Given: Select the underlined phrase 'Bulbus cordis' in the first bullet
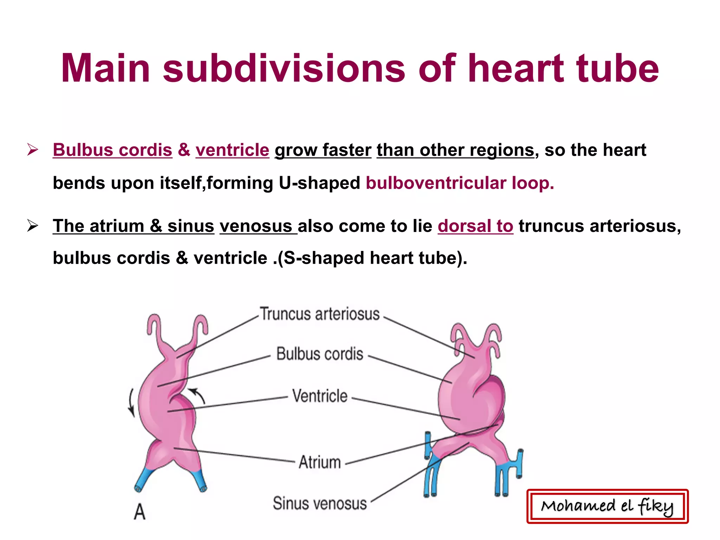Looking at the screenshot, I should click(112, 150).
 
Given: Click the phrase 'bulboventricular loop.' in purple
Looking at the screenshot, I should click(460, 183).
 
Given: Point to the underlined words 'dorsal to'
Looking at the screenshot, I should click(475, 226).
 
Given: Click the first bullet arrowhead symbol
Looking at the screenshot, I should click(32, 150).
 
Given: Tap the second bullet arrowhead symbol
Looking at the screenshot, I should click(32, 226).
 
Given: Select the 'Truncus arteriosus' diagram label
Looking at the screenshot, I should click(320, 314).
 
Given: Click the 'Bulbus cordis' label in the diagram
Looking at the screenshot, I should click(320, 354).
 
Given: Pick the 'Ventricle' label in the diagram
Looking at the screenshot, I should click(320, 396).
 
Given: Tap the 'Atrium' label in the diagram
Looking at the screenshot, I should click(320, 462).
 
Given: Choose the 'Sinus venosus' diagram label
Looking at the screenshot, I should click(320, 503).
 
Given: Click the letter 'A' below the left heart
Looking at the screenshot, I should click(140, 512).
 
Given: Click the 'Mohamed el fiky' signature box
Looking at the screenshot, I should click(607, 506).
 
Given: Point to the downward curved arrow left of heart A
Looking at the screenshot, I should click(131, 403).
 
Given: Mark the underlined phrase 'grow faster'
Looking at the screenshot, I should click(323, 150).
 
